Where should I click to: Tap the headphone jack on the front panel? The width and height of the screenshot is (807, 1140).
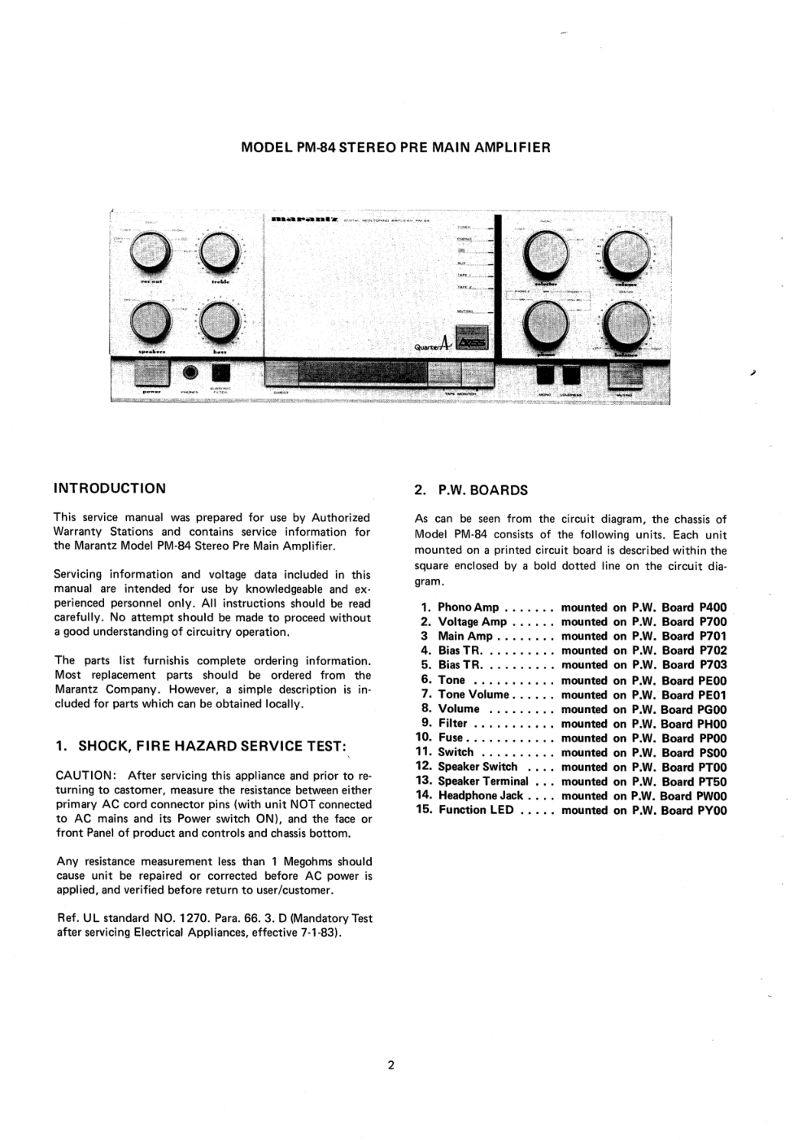[x=191, y=372]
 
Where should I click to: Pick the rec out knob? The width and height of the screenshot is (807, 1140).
[x=150, y=253]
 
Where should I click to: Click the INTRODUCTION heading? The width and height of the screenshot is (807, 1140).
[x=109, y=489]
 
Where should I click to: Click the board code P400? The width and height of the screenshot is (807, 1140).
[x=713, y=607]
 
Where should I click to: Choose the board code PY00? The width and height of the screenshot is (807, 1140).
[x=713, y=811]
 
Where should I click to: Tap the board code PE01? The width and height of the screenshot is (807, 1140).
[x=713, y=695]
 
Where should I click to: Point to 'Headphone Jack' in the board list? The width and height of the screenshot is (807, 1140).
[x=480, y=796]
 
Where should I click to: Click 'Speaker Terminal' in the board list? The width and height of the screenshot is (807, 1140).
[x=482, y=781]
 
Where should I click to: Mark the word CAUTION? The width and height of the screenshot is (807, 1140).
[x=84, y=776]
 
